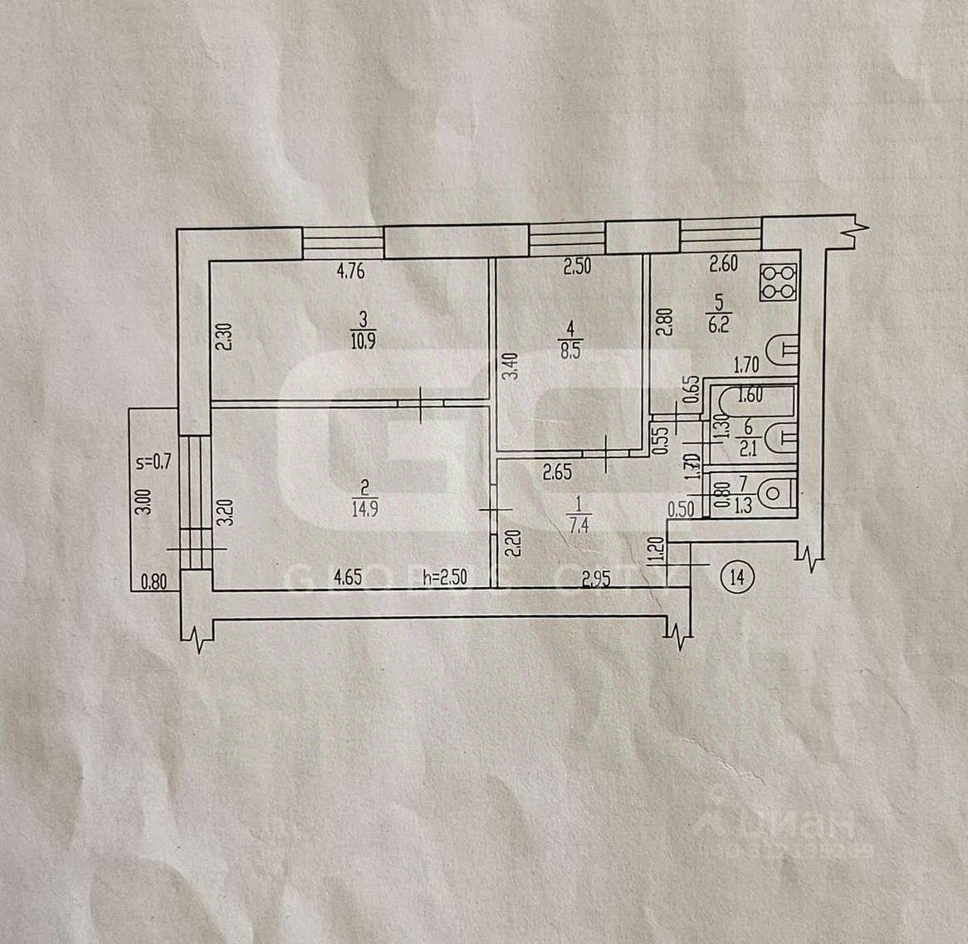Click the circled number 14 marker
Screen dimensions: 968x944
[x=738, y=575]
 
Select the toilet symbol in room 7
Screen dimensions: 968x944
[x=775, y=493]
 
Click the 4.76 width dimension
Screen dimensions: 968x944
[x=351, y=270]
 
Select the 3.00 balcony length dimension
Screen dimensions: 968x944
[x=143, y=504]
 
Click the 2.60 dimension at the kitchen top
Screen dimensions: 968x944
[x=724, y=267]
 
